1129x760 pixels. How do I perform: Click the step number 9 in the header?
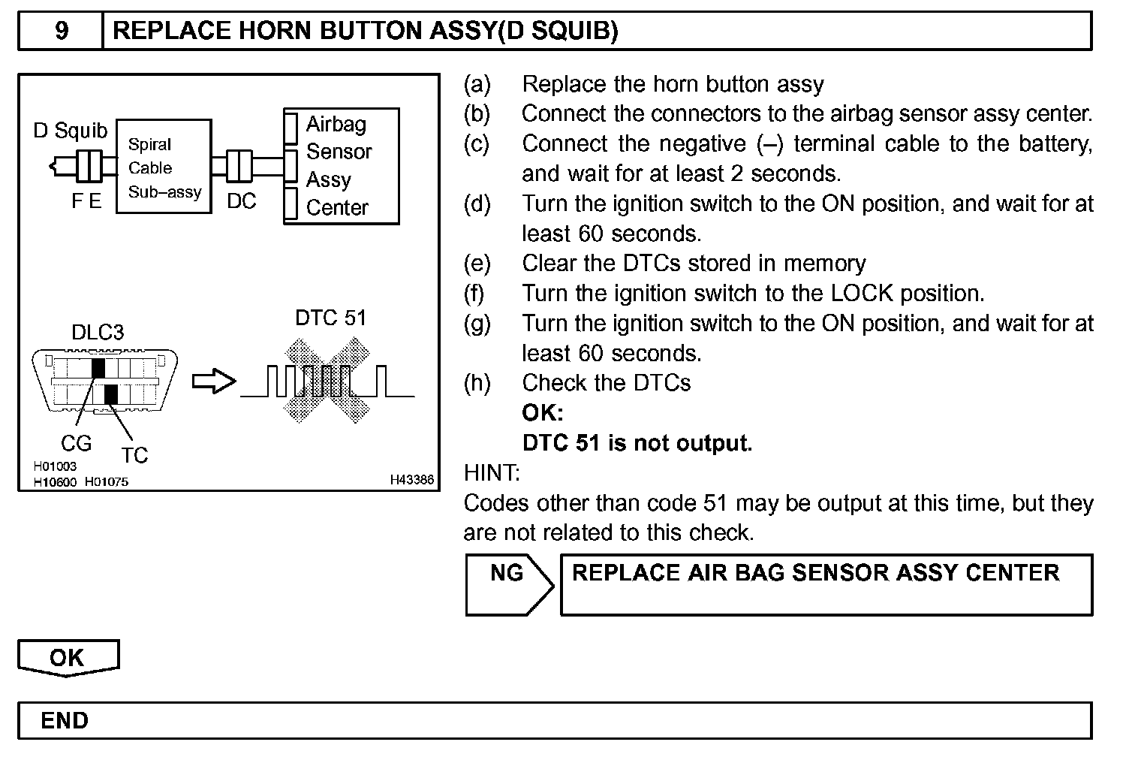point(62,31)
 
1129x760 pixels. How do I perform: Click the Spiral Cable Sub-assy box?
point(164,167)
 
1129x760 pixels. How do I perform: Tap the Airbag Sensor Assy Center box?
point(342,166)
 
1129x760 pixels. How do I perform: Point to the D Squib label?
point(71,131)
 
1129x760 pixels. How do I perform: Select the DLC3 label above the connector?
point(98,333)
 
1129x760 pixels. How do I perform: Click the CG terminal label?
point(76,444)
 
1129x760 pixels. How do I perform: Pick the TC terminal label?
point(134,455)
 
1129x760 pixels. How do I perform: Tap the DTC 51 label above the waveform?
point(330,318)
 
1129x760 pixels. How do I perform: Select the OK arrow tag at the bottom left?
point(68,658)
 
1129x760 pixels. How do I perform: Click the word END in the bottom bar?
point(65,721)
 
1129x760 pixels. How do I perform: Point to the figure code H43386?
point(411,480)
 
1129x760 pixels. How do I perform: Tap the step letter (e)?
point(477,264)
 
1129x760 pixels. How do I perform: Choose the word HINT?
point(491,473)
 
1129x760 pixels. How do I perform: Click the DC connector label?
point(241,201)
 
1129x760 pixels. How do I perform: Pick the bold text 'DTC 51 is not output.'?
point(637,443)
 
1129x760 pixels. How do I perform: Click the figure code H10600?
point(55,482)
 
